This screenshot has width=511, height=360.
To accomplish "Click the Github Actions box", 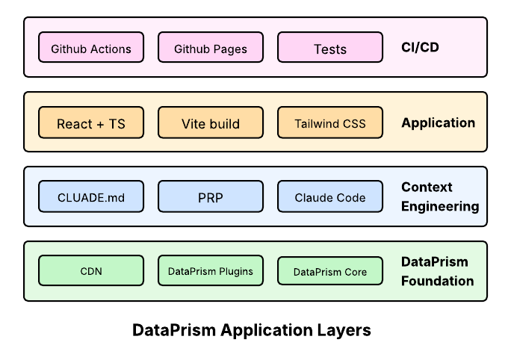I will (91, 48).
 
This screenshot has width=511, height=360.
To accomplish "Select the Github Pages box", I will (211, 48).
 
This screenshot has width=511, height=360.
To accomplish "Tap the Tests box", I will (330, 48).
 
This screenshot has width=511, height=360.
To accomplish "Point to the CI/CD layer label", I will (421, 48).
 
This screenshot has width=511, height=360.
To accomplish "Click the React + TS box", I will (91, 122).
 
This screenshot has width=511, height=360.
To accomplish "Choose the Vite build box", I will (211, 122).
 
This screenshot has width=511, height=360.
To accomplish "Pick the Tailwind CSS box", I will (330, 122).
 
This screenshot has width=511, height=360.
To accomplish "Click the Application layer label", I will (438, 122).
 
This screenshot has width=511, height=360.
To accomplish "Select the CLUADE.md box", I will (91, 197).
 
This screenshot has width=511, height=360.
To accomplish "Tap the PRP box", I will (211, 197).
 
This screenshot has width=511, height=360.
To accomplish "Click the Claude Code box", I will (330, 197).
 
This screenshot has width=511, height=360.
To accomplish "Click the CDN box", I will (91, 271).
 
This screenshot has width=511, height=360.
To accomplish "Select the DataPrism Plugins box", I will (211, 271).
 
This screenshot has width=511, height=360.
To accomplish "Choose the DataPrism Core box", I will (330, 272).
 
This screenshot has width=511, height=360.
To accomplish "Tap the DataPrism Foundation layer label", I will (437, 271).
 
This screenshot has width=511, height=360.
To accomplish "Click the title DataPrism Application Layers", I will (252, 330).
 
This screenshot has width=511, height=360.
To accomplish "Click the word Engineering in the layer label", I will (440, 206).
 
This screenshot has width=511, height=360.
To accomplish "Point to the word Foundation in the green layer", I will (438, 281).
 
